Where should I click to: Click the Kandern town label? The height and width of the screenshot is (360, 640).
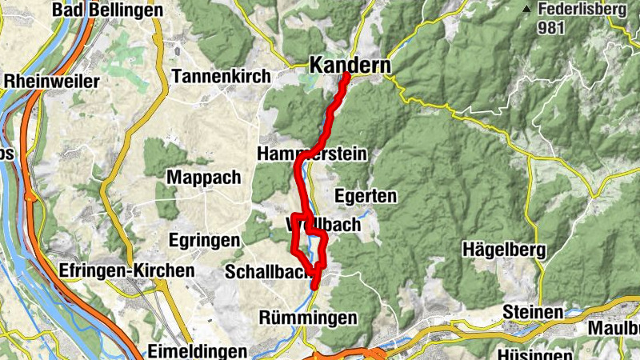click(x=350, y=65)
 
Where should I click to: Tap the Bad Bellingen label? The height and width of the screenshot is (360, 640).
click(x=106, y=10)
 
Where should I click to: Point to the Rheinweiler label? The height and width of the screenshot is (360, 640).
click(x=51, y=81)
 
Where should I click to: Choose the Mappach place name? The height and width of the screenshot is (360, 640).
click(x=203, y=177)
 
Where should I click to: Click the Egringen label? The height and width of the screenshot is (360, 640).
click(x=204, y=240)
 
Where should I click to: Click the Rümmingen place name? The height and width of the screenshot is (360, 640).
click(x=308, y=318)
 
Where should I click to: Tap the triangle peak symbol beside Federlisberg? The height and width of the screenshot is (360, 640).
click(x=526, y=9)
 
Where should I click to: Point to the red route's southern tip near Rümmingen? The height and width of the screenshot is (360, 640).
click(x=314, y=286)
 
